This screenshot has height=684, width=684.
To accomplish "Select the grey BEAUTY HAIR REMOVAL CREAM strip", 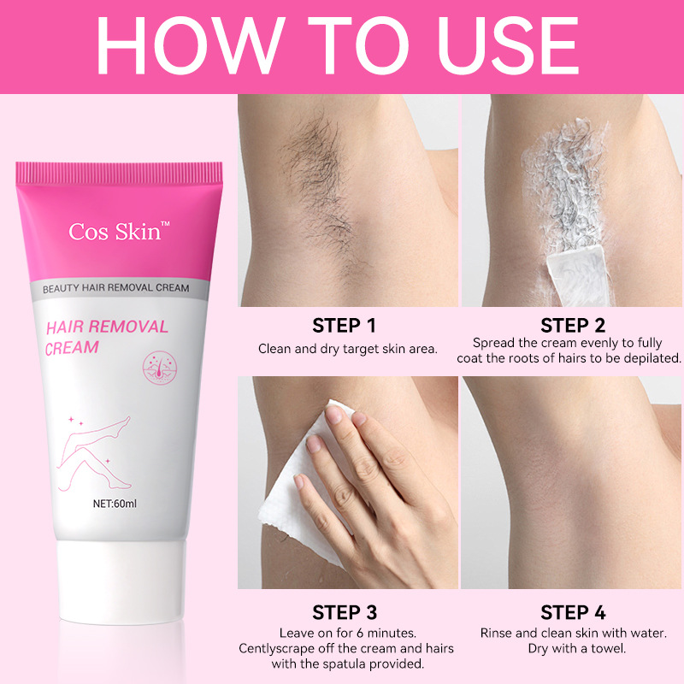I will (x=116, y=289).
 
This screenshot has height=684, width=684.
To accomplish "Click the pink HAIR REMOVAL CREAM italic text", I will (x=106, y=337).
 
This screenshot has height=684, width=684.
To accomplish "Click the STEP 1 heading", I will (x=344, y=326).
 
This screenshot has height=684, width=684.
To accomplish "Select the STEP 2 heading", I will (x=573, y=326).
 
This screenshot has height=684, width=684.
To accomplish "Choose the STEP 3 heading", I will (x=344, y=613).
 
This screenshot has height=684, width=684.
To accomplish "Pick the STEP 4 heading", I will (x=573, y=613).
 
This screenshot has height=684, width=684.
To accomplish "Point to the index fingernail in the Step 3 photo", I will (x=334, y=414).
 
